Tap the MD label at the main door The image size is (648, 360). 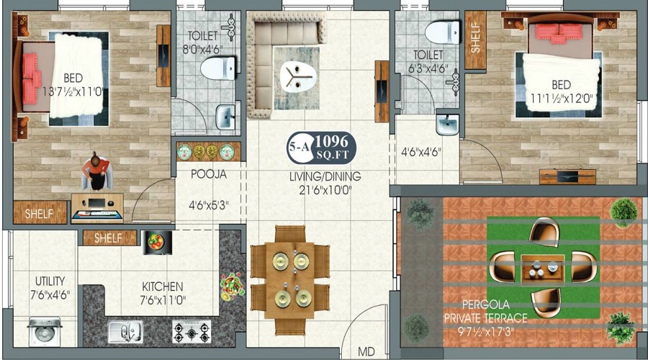pyautogui.click(x=366, y=352)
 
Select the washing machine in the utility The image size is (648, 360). pyautogui.click(x=44, y=332)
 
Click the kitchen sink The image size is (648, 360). pyautogui.click(x=125, y=331)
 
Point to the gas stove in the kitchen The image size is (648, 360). pyautogui.click(x=191, y=331)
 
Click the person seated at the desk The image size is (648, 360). pyautogui.click(x=96, y=173)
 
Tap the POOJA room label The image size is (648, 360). pyautogui.click(x=209, y=174)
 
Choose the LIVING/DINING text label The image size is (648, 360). pyautogui.click(x=325, y=176)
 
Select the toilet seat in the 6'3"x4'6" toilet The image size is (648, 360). pyautogui.click(x=442, y=32)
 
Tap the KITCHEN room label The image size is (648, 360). pyautogui.click(x=162, y=287)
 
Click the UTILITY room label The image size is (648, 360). pyautogui.click(x=50, y=281)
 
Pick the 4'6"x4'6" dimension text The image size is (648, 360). pyautogui.click(x=420, y=152)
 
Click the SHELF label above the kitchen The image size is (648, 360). pyautogui.click(x=108, y=238)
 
